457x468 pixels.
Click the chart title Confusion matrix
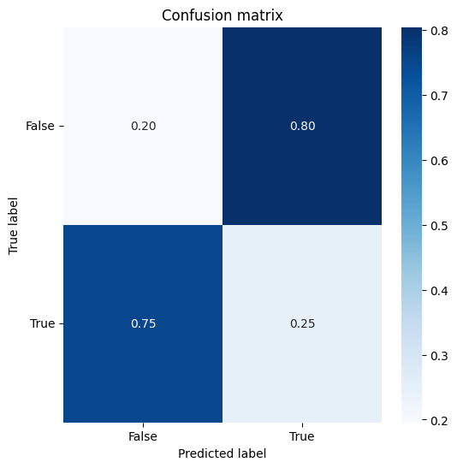tap(223, 15)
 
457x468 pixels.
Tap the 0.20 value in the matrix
tap(143, 126)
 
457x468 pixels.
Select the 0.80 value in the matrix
tap(302, 126)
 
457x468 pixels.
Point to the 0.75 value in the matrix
tap(143, 323)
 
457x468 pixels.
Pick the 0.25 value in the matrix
tap(302, 323)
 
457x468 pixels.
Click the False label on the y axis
tap(40, 126)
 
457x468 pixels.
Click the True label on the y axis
tap(43, 323)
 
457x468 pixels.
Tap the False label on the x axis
tap(143, 436)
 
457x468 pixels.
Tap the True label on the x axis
tap(302, 436)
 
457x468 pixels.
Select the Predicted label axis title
tap(223, 453)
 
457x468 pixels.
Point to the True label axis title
tap(13, 226)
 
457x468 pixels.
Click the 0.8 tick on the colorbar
tap(439, 31)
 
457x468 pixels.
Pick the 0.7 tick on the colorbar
tap(439, 96)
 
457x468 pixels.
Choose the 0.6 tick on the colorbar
tap(439, 161)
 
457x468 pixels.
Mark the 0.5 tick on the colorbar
tap(439, 226)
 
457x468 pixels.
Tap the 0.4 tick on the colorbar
tap(439, 291)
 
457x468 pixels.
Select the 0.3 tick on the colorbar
tap(439, 356)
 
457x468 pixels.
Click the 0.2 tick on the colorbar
tap(439, 421)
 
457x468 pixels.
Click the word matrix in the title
tap(259, 15)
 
